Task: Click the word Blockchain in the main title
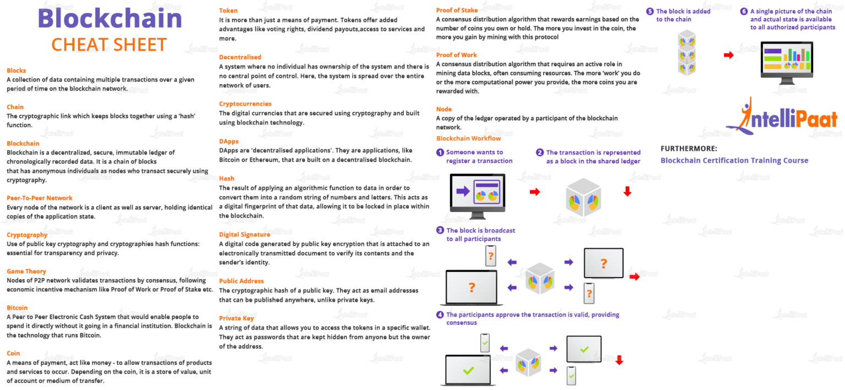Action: pyautogui.click(x=109, y=19)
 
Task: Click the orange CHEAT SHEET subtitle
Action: pyautogui.click(x=109, y=44)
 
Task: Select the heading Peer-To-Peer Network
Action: pyautogui.click(x=40, y=198)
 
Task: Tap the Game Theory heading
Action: pyautogui.click(x=26, y=271)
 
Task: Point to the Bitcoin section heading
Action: pyautogui.click(x=17, y=308)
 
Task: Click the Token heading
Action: pyautogui.click(x=228, y=11)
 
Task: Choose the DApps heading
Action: pyautogui.click(x=229, y=141)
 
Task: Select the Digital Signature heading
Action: pyautogui.click(x=245, y=235)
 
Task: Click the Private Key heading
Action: pyautogui.click(x=237, y=318)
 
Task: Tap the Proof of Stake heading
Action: pyautogui.click(x=457, y=10)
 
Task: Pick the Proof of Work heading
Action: pyautogui.click(x=457, y=55)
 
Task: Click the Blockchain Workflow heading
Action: pyautogui.click(x=469, y=138)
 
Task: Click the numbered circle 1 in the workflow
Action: pyautogui.click(x=440, y=153)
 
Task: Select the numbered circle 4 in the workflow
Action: pyautogui.click(x=440, y=315)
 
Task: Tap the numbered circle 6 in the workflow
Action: pyautogui.click(x=744, y=12)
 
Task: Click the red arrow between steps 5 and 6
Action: pyautogui.click(x=728, y=55)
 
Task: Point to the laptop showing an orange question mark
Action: pyautogui.click(x=471, y=287)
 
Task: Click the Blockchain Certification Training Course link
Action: pyautogui.click(x=734, y=160)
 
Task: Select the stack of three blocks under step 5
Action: pyautogui.click(x=687, y=53)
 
